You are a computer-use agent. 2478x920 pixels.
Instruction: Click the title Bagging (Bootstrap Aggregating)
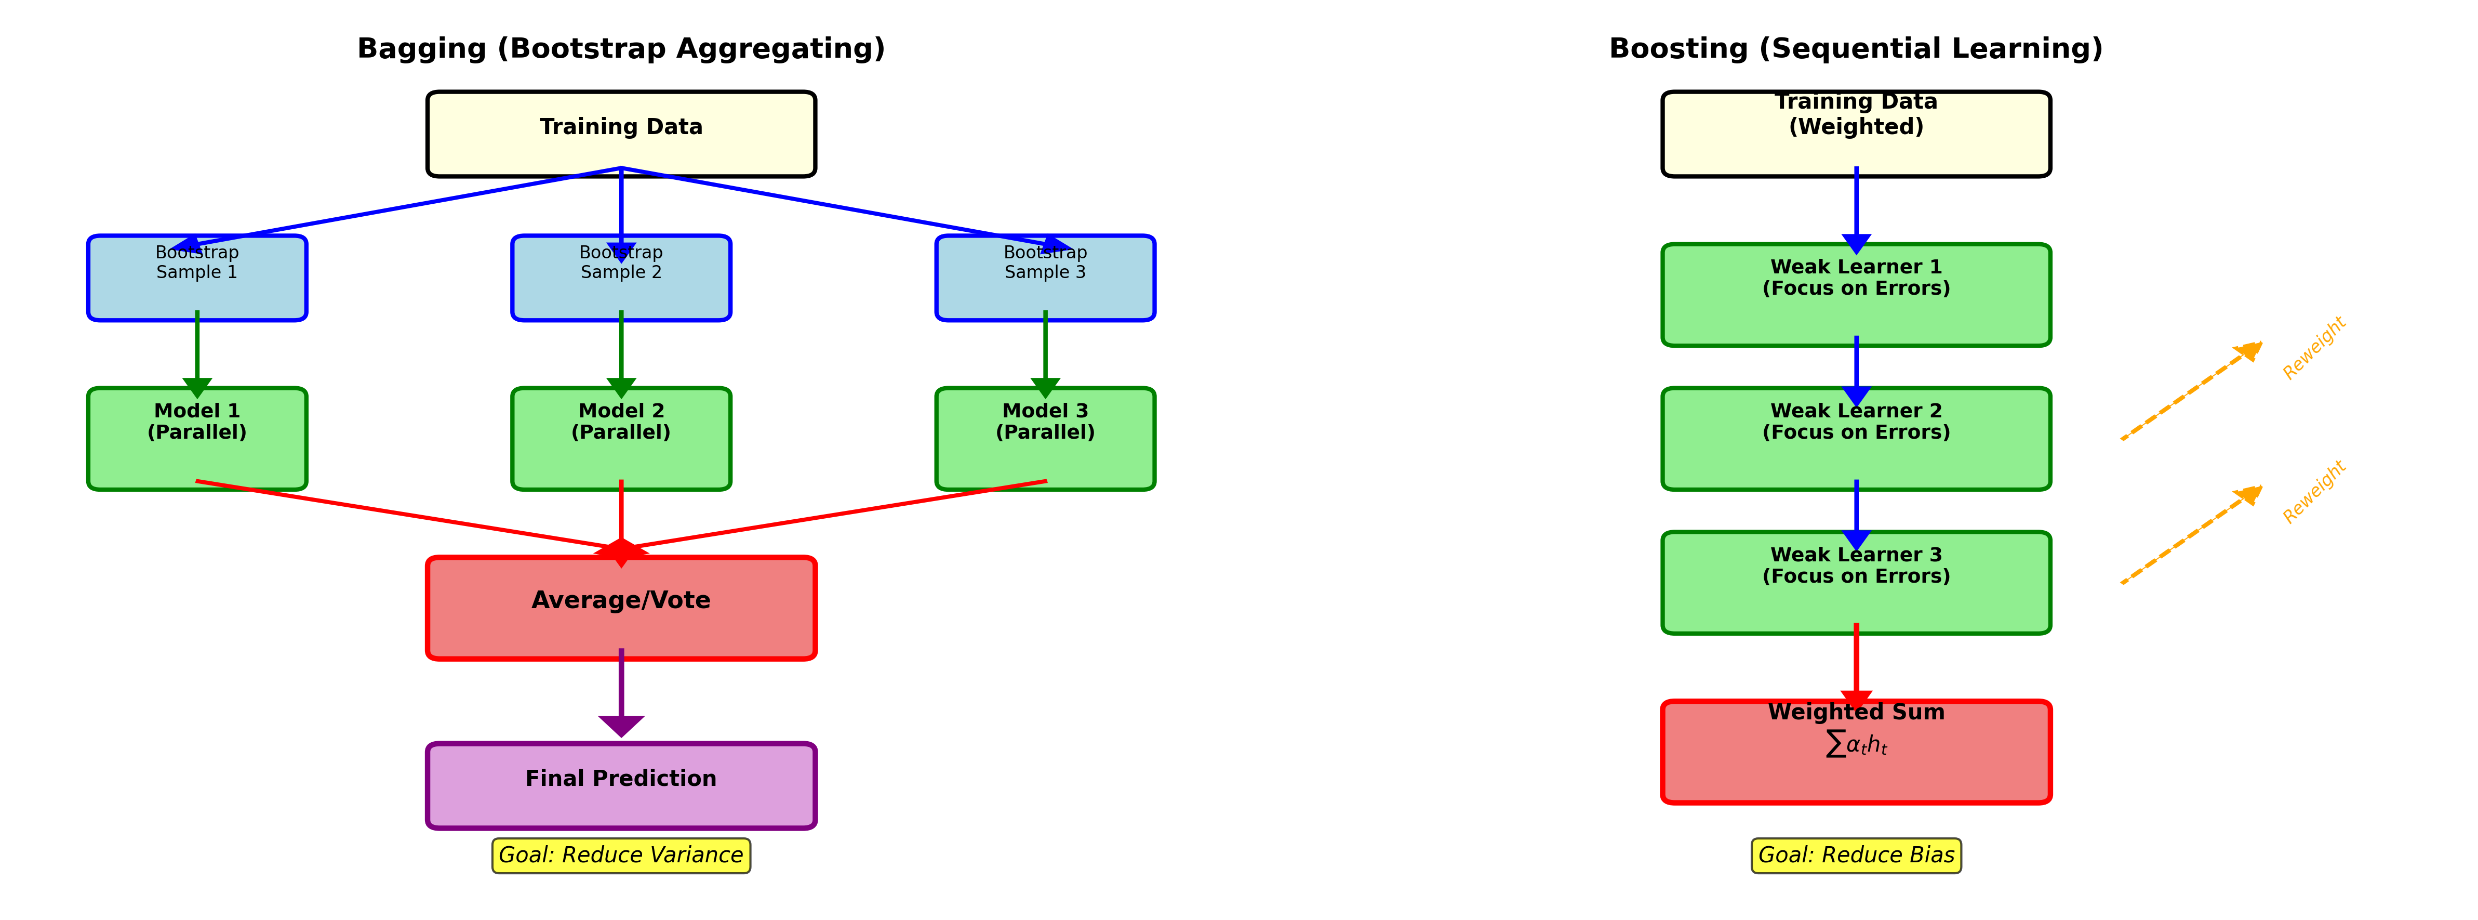(620, 48)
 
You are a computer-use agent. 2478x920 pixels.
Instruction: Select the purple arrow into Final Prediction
(621, 693)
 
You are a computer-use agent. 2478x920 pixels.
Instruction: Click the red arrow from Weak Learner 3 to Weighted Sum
(1856, 664)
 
